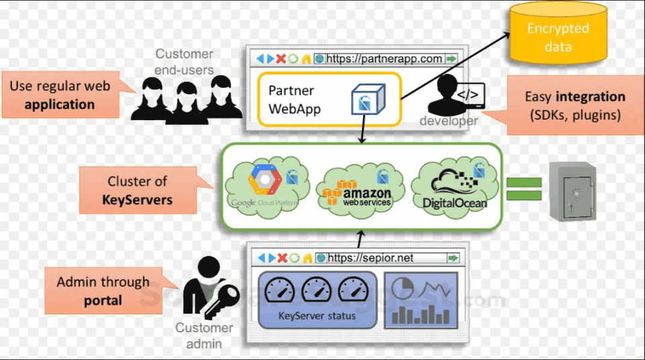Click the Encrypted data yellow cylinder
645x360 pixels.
[558, 33]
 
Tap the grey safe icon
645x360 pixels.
[572, 191]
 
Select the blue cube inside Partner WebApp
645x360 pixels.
[368, 99]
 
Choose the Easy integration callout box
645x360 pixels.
[574, 105]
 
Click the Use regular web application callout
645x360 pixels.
[60, 95]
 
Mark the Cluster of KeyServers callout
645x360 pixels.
[138, 190]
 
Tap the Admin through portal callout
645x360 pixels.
[103, 291]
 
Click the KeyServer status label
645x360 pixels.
[317, 315]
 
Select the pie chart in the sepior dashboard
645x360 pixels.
[403, 287]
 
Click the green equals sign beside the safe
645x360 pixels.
[523, 189]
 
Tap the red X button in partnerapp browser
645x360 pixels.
[282, 59]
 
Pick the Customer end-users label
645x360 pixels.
[184, 62]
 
